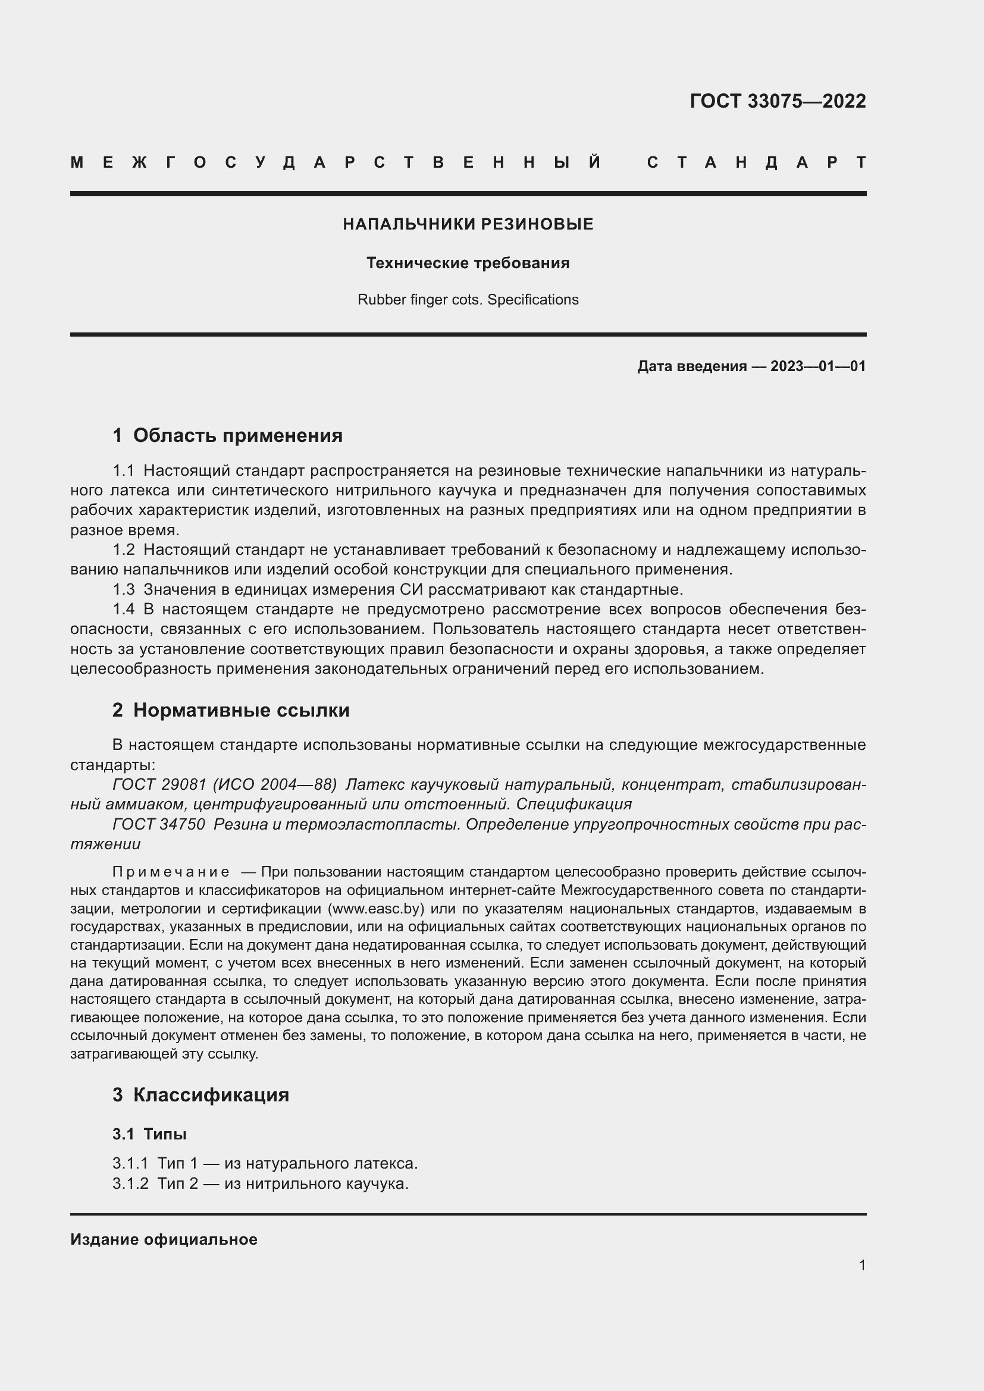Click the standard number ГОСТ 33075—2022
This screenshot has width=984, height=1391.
pos(778,101)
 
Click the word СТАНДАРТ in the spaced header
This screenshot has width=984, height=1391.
pos(757,162)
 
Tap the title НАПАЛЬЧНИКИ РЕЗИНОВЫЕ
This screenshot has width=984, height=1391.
pos(468,224)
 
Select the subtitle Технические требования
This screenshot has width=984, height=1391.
pos(468,263)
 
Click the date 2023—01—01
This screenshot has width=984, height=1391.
pos(818,366)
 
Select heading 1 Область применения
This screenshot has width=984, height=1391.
pos(227,435)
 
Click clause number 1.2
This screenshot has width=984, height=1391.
pos(124,550)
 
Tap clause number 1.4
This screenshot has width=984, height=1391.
pos(124,609)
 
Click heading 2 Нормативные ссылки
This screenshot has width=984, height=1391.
pos(231,709)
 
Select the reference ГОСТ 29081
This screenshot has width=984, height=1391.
pos(159,784)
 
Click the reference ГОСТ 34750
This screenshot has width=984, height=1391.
pos(159,824)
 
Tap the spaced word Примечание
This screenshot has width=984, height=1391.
pos(171,872)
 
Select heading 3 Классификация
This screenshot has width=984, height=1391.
pos(200,1095)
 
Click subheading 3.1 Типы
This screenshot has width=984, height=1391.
pos(149,1133)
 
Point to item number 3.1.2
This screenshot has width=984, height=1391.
pos(130,1183)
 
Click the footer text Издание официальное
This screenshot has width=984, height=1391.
pos(164,1239)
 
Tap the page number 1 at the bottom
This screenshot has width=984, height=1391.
pos(861,1266)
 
